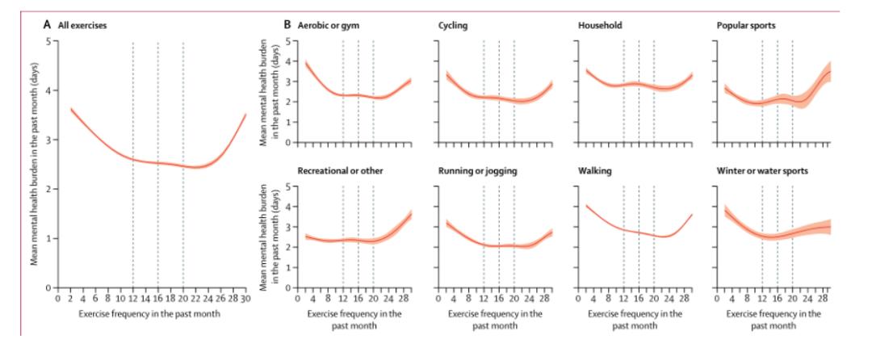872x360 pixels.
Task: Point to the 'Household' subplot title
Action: point(600,25)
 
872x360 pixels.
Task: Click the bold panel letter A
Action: point(46,25)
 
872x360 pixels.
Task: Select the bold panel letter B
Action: point(287,25)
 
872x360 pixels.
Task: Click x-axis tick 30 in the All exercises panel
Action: point(245,297)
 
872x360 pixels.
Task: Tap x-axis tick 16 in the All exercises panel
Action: point(157,297)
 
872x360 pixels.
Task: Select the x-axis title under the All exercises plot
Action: point(151,312)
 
